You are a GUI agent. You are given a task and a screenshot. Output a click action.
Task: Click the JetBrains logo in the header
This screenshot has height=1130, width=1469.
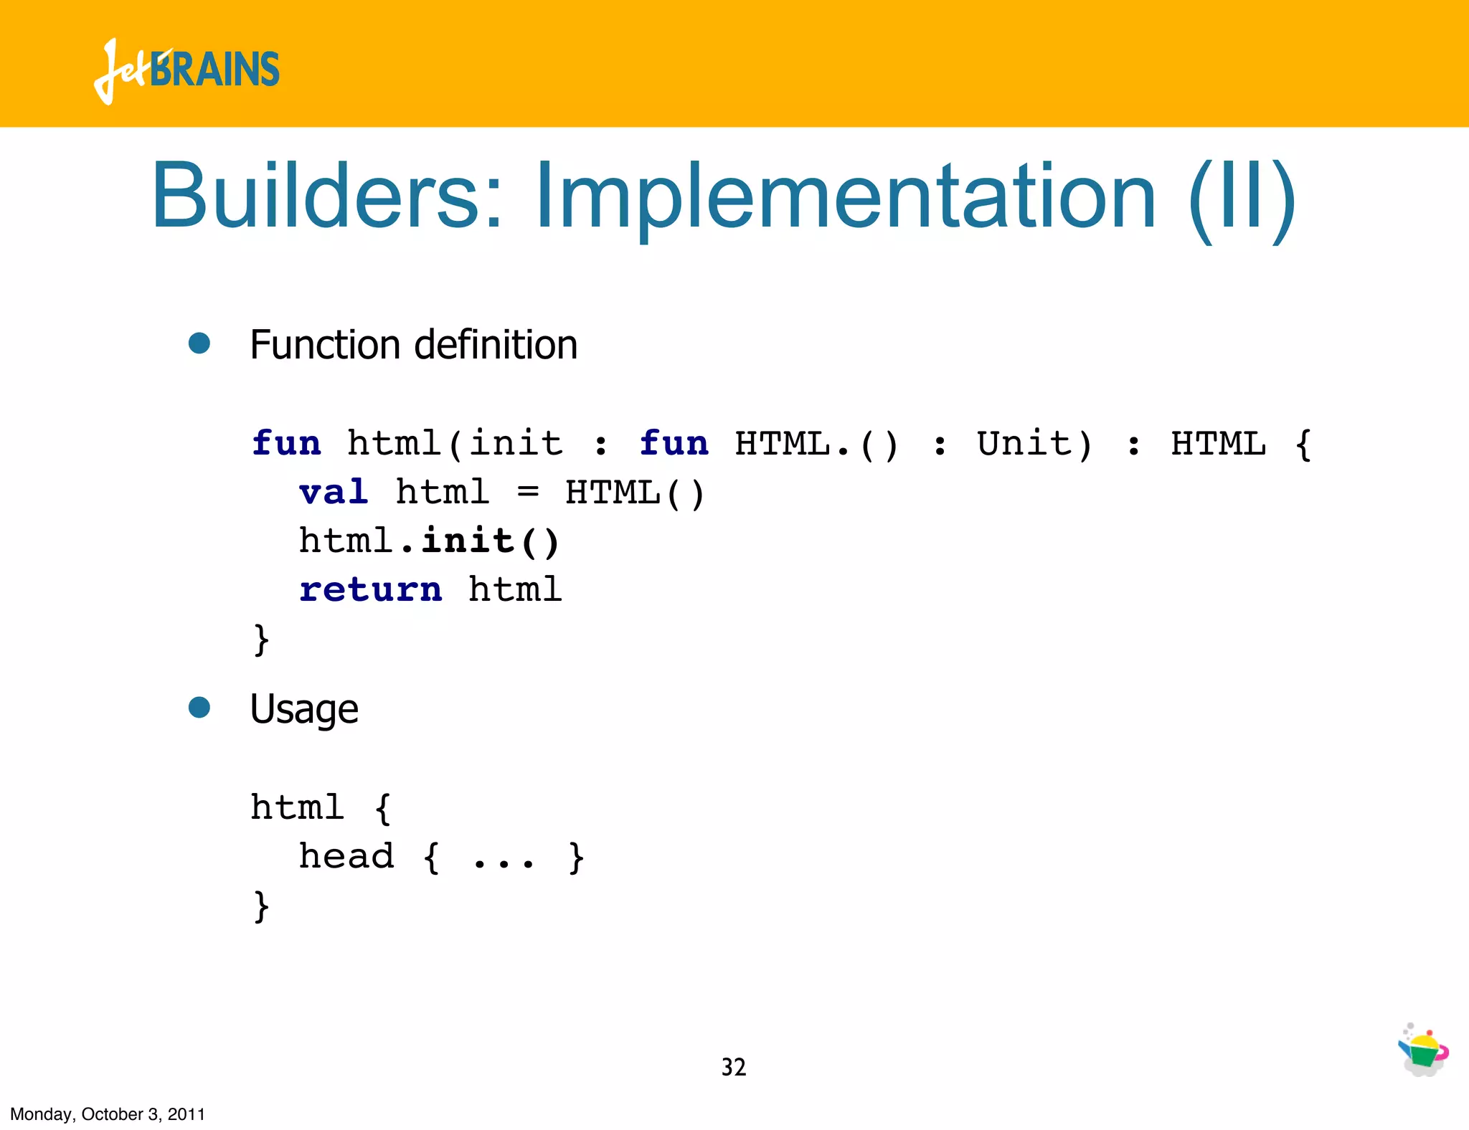pos(186,70)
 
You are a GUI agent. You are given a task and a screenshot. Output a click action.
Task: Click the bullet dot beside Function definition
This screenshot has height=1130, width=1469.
pos(199,343)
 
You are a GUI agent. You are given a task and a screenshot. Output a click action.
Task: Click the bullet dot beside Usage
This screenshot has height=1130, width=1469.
pos(199,708)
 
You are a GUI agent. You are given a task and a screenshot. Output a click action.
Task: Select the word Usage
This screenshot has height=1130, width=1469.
pos(304,710)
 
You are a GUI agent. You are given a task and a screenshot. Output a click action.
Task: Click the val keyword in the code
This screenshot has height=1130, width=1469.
pos(334,493)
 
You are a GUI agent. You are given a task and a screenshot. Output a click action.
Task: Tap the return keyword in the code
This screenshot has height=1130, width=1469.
pos(370,589)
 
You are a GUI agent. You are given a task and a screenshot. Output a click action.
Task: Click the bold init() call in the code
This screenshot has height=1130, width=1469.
pos(490,541)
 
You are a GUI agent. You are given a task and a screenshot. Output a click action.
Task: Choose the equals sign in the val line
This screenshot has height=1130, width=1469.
pos(528,493)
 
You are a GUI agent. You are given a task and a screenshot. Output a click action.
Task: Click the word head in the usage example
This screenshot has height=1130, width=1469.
pos(346,856)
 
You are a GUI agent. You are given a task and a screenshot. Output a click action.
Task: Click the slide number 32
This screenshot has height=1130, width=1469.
pos(733,1067)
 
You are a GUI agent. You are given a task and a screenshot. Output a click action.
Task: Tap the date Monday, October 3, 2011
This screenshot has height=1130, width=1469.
pos(108,1114)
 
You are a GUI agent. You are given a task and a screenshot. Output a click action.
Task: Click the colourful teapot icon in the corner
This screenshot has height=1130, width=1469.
pos(1423,1050)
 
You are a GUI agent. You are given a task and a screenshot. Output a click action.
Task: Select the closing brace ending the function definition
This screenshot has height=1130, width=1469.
pos(261,639)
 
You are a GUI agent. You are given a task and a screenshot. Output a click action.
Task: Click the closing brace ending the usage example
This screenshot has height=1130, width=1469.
pos(261,906)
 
